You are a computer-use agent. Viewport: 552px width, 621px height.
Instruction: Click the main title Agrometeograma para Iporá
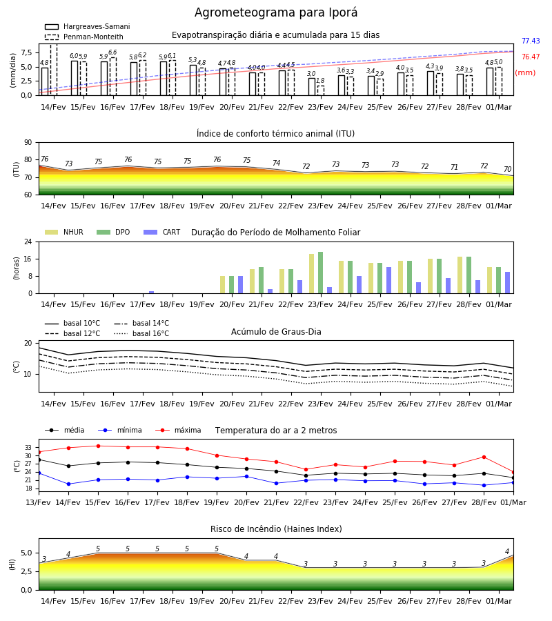pos(275,12)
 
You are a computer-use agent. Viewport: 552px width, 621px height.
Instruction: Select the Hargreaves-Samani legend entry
pos(87,26)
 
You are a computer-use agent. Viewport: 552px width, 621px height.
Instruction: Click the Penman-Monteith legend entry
pos(84,37)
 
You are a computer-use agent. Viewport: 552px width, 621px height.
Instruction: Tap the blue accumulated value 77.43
pos(531,41)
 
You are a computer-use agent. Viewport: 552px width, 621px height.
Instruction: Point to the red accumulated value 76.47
pos(531,57)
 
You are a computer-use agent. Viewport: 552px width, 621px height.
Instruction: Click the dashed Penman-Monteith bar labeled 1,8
pos(320,90)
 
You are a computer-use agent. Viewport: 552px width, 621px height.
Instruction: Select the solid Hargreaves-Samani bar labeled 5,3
pos(193,81)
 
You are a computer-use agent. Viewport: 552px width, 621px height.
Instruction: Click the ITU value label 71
pos(454,167)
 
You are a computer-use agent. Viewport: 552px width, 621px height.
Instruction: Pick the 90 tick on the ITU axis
pos(28,143)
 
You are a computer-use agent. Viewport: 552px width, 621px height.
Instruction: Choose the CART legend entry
pos(161,232)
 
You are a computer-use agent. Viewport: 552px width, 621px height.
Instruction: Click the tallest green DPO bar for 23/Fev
pos(320,273)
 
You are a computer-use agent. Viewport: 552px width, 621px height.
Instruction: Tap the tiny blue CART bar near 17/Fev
pos(151,293)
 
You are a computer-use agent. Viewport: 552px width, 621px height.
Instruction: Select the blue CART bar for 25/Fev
pos(389,280)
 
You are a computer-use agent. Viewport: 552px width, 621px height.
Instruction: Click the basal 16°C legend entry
pos(141,333)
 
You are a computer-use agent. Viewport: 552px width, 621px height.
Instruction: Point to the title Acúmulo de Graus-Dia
pos(276,332)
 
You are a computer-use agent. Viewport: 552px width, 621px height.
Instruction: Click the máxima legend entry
pos(178,430)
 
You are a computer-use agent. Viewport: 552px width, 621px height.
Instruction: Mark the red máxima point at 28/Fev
pos(484,457)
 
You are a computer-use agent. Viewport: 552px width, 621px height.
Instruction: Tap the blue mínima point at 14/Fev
pos(68,484)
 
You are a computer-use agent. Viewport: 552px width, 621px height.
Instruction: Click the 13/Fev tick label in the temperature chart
pos(39,502)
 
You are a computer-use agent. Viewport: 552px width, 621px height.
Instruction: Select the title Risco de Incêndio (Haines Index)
pos(276,529)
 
